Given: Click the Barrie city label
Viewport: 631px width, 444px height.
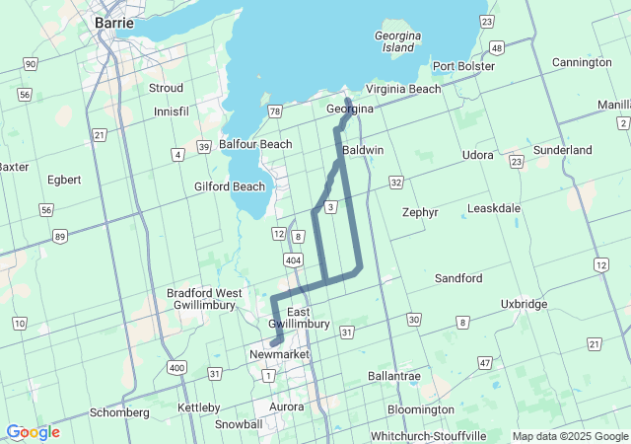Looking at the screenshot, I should click(x=114, y=21).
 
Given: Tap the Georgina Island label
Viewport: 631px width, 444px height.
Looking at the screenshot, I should click(x=400, y=40).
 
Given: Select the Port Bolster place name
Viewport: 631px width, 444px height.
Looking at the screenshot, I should click(x=463, y=66).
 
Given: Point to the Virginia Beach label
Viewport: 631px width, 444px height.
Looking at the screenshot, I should click(x=403, y=89).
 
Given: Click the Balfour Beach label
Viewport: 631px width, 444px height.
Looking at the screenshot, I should click(x=255, y=144).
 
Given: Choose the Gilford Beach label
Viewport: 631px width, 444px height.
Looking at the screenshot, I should click(x=230, y=186).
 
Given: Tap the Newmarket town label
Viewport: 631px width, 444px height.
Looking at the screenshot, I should click(x=280, y=354).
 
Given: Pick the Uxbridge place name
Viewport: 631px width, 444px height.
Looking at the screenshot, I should click(x=524, y=304).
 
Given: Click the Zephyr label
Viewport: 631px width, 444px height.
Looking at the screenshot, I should click(x=420, y=212).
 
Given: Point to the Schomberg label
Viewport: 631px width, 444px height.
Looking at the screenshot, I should click(x=118, y=412).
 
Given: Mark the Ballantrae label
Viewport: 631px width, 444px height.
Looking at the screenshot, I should click(x=393, y=376).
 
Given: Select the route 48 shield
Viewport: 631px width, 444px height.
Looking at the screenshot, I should click(x=497, y=47).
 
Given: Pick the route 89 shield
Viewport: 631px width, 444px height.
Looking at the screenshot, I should click(x=60, y=236).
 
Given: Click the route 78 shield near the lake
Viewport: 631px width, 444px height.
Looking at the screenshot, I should click(x=274, y=111).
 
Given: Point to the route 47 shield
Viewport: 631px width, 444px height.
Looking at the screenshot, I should click(x=485, y=364).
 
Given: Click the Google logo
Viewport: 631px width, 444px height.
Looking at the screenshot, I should click(x=33, y=432).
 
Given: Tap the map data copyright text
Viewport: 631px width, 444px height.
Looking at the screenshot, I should click(x=570, y=436).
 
